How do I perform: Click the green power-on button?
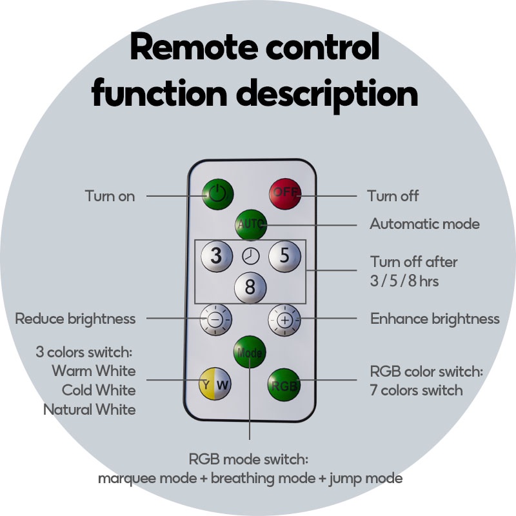[218, 193]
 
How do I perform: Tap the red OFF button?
[284, 193]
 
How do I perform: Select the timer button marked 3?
[216, 256]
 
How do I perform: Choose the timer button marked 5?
[284, 256]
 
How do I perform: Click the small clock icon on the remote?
[250, 256]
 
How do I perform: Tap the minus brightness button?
[215, 319]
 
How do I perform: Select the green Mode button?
[250, 352]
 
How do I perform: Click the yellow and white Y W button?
[215, 385]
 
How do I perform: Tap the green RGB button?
[284, 386]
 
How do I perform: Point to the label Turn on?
[110, 195]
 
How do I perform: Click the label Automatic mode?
[424, 224]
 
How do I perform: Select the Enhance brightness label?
[435, 319]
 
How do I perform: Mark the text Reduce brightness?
[75, 319]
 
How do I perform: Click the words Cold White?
[99, 390]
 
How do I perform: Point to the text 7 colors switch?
[416, 390]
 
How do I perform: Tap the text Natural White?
[90, 409]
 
